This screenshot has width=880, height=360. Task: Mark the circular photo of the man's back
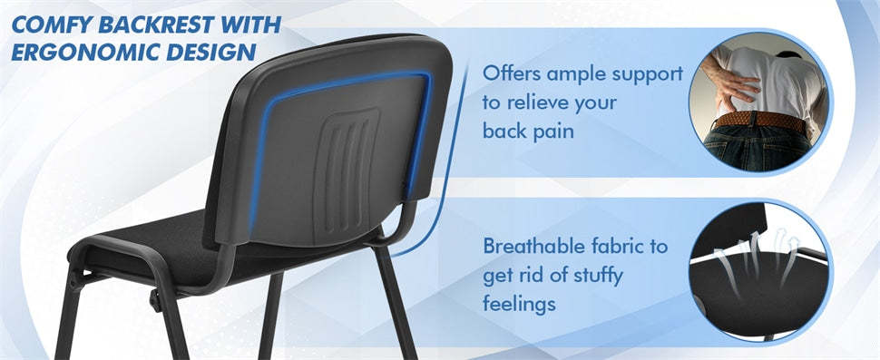point(759,96)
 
